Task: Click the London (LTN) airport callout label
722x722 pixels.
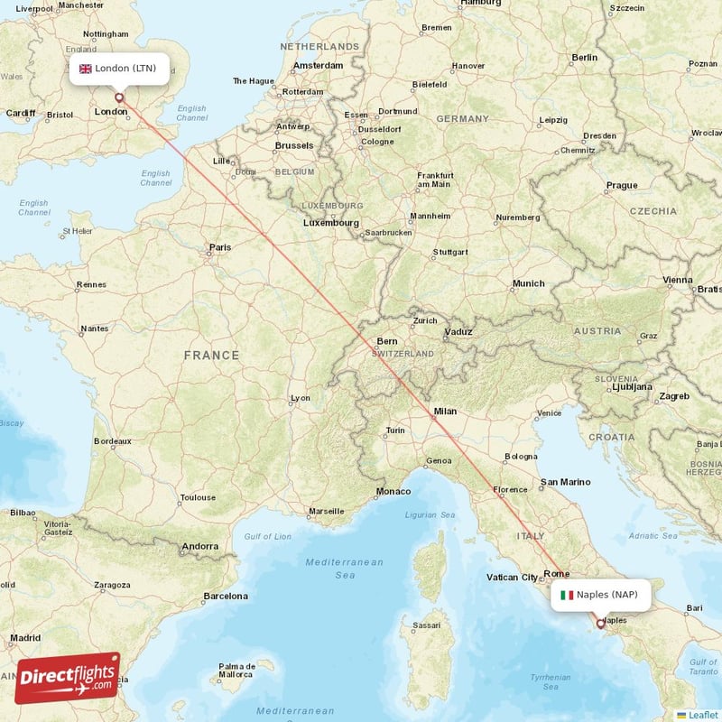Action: point(117,69)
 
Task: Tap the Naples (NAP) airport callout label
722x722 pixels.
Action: point(599,595)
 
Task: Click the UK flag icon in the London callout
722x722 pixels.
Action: point(86,69)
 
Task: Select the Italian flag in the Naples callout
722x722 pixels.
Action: point(567,595)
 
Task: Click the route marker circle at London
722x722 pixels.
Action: point(118,97)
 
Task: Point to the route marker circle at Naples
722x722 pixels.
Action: point(600,623)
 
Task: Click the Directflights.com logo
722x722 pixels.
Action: point(68,677)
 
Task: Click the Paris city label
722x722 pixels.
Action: point(219,247)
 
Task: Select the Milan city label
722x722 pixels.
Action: point(445,412)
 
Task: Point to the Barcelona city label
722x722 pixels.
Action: point(226,596)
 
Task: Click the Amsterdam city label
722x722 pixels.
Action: point(318,66)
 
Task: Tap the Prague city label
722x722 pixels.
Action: point(622,186)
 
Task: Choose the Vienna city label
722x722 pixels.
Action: point(678,281)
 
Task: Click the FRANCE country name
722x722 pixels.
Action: point(212,356)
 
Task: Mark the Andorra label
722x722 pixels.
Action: point(199,546)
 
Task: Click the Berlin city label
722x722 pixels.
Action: point(584,58)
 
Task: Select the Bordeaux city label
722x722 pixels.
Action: point(113,441)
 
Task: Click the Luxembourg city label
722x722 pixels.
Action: point(330,223)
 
